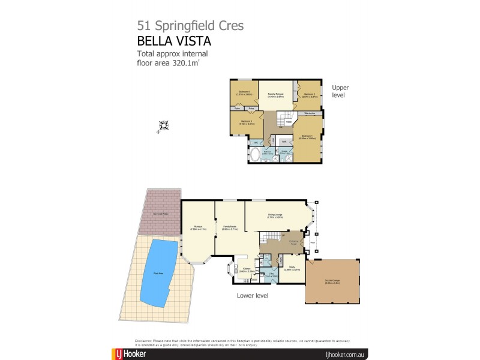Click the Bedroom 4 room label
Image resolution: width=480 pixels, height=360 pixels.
pos(244,92)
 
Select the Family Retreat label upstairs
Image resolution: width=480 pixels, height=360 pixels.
pos(275,95)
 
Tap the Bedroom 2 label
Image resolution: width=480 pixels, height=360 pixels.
pos(309,94)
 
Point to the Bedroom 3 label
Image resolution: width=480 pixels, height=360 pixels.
pos(247,122)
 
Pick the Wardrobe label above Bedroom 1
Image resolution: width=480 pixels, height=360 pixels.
pos(310,113)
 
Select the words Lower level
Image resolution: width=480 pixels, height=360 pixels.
pos(252,295)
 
